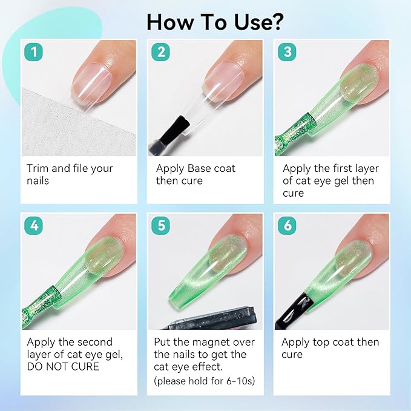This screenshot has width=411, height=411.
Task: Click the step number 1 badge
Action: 33,52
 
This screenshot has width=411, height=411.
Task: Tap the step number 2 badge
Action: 160,52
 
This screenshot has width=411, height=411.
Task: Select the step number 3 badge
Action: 287,52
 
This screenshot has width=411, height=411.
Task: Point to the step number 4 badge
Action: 33,225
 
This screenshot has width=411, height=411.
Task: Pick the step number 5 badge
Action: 160,225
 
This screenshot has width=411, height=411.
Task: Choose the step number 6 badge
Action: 287,225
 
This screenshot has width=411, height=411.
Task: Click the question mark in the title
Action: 275,22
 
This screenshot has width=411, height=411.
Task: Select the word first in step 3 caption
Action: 338,168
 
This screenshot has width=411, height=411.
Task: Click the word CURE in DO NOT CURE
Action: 85,366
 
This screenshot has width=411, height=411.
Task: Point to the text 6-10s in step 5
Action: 239,381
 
